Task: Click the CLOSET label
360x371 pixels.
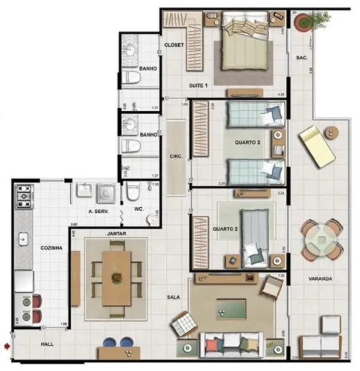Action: [x=174, y=45]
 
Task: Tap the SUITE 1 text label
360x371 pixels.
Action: [x=199, y=86]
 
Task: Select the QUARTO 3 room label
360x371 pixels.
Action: [x=247, y=142]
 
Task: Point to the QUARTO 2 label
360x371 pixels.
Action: [x=225, y=229]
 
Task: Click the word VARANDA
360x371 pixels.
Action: [x=322, y=279]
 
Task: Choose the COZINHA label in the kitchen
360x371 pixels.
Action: [x=51, y=248]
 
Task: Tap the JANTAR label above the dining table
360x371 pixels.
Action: [x=116, y=233]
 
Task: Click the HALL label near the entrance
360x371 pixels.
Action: [x=47, y=345]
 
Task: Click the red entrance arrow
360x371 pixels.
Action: [x=6, y=345]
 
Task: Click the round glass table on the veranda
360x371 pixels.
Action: [x=322, y=240]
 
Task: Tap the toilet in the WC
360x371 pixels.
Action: [x=133, y=194]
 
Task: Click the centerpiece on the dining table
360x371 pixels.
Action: [x=117, y=278]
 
